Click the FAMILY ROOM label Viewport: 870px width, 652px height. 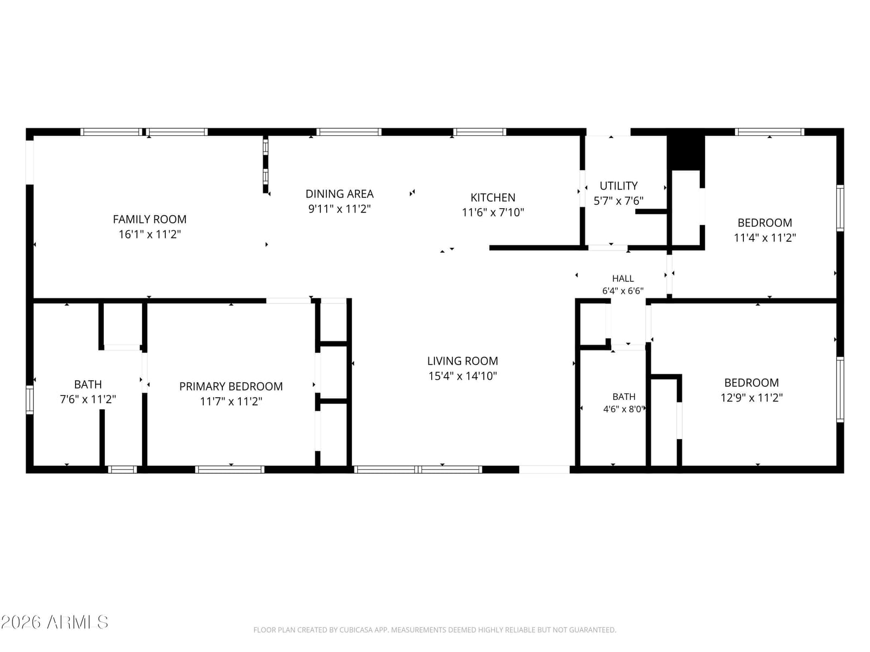click(150, 220)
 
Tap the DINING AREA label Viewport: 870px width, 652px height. click(339, 194)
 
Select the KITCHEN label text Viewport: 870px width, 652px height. click(493, 198)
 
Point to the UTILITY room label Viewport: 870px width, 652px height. click(618, 186)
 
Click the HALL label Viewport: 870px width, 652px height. click(623, 279)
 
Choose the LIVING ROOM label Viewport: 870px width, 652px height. click(463, 361)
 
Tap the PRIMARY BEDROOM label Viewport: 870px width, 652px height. click(231, 386)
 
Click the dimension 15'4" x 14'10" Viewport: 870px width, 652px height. click(463, 376)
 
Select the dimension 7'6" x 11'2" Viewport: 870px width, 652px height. click(88, 399)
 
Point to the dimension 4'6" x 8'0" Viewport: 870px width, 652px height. click(624, 409)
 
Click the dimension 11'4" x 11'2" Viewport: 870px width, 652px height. click(765, 238)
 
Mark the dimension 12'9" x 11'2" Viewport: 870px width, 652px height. click(751, 398)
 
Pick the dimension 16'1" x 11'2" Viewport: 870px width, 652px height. click(150, 234)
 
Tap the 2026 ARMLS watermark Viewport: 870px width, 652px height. click(54, 622)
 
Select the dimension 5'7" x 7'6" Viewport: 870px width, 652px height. click(618, 201)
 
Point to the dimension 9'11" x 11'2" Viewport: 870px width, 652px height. click(339, 209)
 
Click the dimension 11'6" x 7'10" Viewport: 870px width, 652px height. click(493, 212)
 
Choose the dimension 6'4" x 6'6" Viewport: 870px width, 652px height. click(623, 291)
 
